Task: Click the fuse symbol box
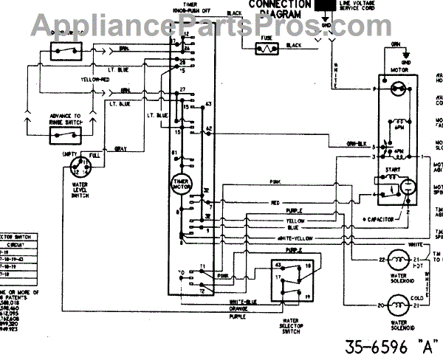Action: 264,49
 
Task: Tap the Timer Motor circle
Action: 181,184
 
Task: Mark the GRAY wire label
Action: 120,150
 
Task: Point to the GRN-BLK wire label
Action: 358,144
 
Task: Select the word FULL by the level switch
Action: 94,155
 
